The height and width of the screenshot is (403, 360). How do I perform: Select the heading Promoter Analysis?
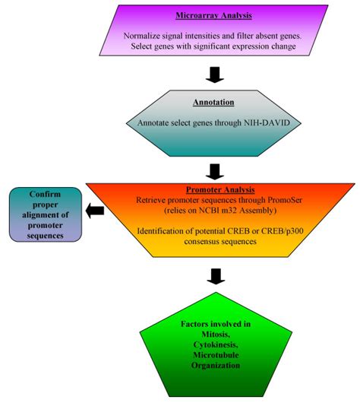pyautogui.click(x=220, y=190)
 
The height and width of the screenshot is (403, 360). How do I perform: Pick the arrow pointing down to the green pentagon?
pyautogui.click(x=216, y=274)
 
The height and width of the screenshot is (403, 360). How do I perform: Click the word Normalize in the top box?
pyautogui.click(x=143, y=36)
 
